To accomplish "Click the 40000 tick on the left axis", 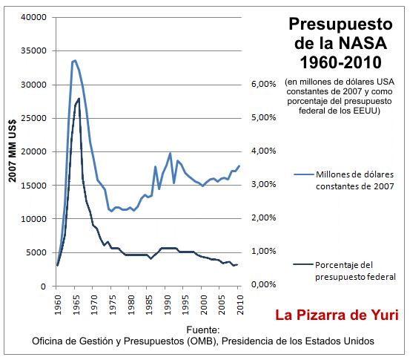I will [33, 18].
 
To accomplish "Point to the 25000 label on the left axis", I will [33, 119].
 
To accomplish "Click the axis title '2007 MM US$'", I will [12, 151].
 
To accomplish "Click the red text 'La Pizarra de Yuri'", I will [337, 315].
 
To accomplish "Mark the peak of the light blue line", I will [75, 60].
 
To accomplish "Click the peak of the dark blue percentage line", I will [79, 98].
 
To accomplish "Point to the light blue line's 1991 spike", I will [171, 154].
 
